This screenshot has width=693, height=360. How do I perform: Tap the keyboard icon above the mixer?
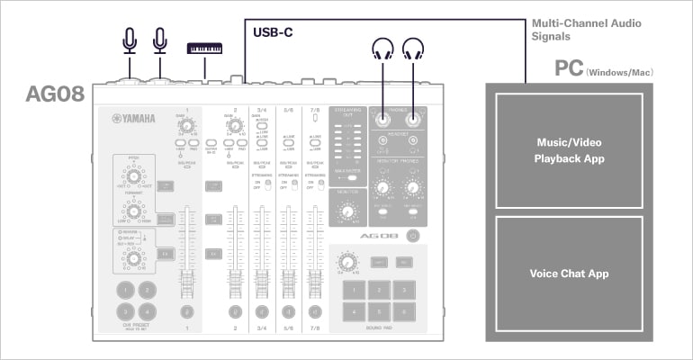click(206, 47)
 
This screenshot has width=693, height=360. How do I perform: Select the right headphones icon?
click(413, 49)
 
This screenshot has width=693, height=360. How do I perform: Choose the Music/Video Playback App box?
click(563, 149)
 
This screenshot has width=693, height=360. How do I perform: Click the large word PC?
click(569, 70)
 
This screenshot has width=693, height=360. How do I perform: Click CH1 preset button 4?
click(148, 311)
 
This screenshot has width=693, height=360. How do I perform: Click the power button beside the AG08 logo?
click(412, 236)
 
